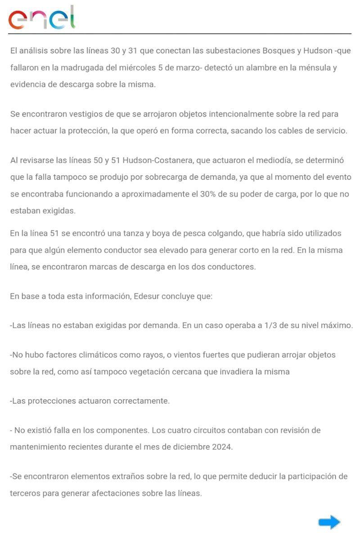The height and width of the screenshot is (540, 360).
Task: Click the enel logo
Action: click(42, 18)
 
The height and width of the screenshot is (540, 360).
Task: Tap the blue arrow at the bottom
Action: click(329, 522)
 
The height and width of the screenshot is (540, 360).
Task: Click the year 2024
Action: click(220, 447)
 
